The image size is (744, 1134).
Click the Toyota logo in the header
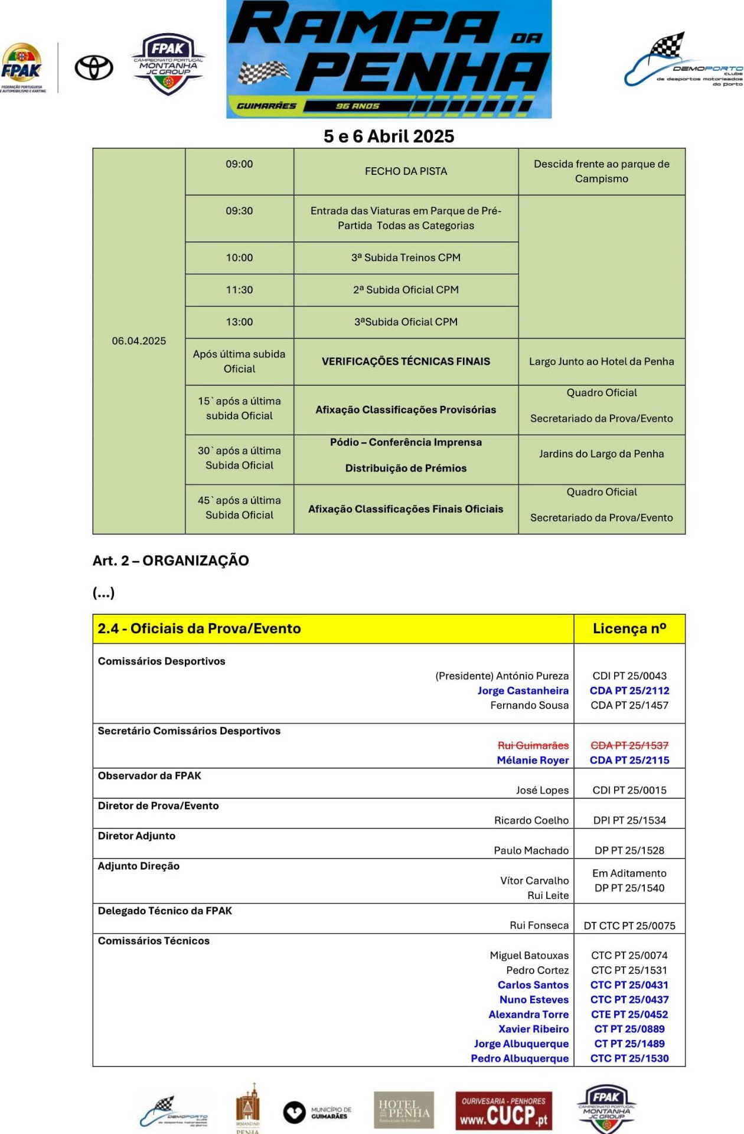coord(94,68)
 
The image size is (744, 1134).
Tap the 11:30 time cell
coord(239,290)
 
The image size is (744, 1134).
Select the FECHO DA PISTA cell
coord(406,171)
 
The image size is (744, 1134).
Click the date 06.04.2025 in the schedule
coord(139,341)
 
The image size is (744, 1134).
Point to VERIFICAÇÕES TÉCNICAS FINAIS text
coord(406,361)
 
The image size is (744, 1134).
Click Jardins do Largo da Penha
coord(601,454)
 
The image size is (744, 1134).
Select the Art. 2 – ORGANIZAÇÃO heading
coord(171,561)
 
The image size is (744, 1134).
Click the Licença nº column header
coord(629,628)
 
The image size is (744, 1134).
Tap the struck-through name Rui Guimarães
coord(533,745)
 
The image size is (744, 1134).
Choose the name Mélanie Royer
coord(533,760)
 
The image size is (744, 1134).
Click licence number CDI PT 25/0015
coord(629,790)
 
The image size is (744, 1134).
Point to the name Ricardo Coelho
coord(531,820)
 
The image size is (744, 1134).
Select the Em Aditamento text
coord(629,873)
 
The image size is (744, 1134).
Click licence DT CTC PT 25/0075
coord(629,926)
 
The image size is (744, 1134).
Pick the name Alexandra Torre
coord(528,1014)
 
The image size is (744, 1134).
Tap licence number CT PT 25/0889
coord(629,1029)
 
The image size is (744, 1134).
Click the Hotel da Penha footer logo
coord(404,1110)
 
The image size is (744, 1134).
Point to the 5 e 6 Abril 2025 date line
coord(389,136)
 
